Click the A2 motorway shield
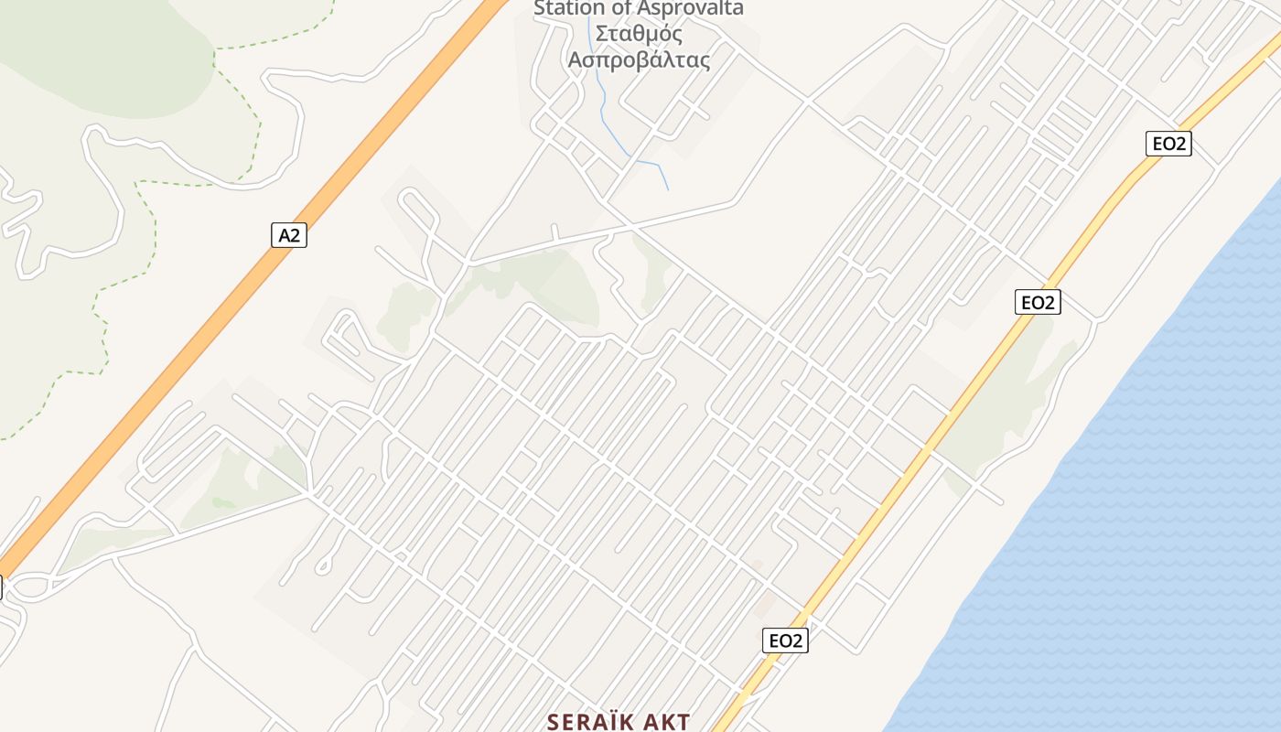[289, 235]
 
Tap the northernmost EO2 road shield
[1168, 144]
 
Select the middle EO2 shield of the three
[1038, 302]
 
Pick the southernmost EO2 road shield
[785, 640]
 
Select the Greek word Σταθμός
[639, 35]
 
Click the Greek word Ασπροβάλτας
[639, 60]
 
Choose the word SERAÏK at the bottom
[593, 722]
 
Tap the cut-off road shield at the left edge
[1, 587]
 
